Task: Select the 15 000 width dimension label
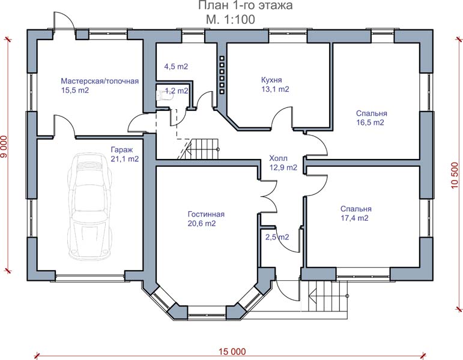[232, 352]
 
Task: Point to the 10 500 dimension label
[455, 175]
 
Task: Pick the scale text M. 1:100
[231, 19]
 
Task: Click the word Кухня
[271, 80]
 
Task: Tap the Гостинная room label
[206, 214]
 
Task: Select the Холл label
[278, 158]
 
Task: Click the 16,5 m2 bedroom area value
[371, 122]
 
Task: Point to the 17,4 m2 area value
[355, 218]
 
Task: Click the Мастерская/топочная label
[100, 81]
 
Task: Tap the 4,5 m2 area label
[176, 67]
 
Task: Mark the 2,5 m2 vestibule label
[277, 237]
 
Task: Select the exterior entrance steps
[328, 296]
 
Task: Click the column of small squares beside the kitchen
[222, 75]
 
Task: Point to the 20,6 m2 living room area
[202, 223]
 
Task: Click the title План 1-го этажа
[246, 5]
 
